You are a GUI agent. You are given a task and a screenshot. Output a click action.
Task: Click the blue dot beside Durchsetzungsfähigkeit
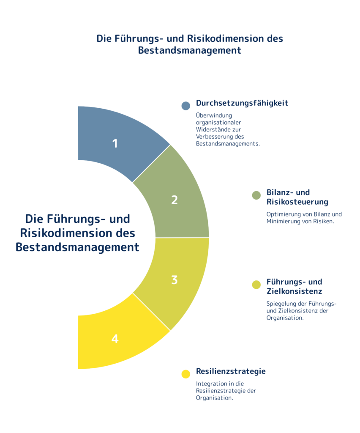pos(186,106)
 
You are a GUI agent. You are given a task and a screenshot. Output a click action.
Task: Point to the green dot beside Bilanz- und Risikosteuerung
pos(256,195)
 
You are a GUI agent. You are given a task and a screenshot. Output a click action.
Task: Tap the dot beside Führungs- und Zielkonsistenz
pos(256,285)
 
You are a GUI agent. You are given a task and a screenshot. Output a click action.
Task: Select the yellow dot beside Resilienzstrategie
pos(186,374)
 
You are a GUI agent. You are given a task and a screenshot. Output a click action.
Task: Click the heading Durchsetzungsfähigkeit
pos(242,103)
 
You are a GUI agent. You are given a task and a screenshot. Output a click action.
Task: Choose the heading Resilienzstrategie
pos(231,371)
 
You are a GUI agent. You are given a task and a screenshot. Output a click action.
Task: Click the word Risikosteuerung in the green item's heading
pos(297,202)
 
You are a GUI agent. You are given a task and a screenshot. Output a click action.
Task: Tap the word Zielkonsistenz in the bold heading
pos(295,291)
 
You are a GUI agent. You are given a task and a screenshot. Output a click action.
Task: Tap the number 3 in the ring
pos(175,280)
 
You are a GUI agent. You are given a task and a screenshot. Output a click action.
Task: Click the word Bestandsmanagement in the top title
pos(190,50)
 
